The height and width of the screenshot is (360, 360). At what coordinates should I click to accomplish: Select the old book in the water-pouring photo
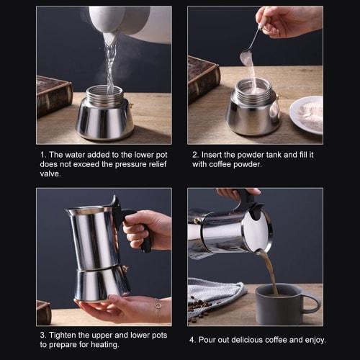(53, 94)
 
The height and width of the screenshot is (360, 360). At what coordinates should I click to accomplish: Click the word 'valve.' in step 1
(51, 173)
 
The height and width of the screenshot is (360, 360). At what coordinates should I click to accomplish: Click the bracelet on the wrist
(158, 310)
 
